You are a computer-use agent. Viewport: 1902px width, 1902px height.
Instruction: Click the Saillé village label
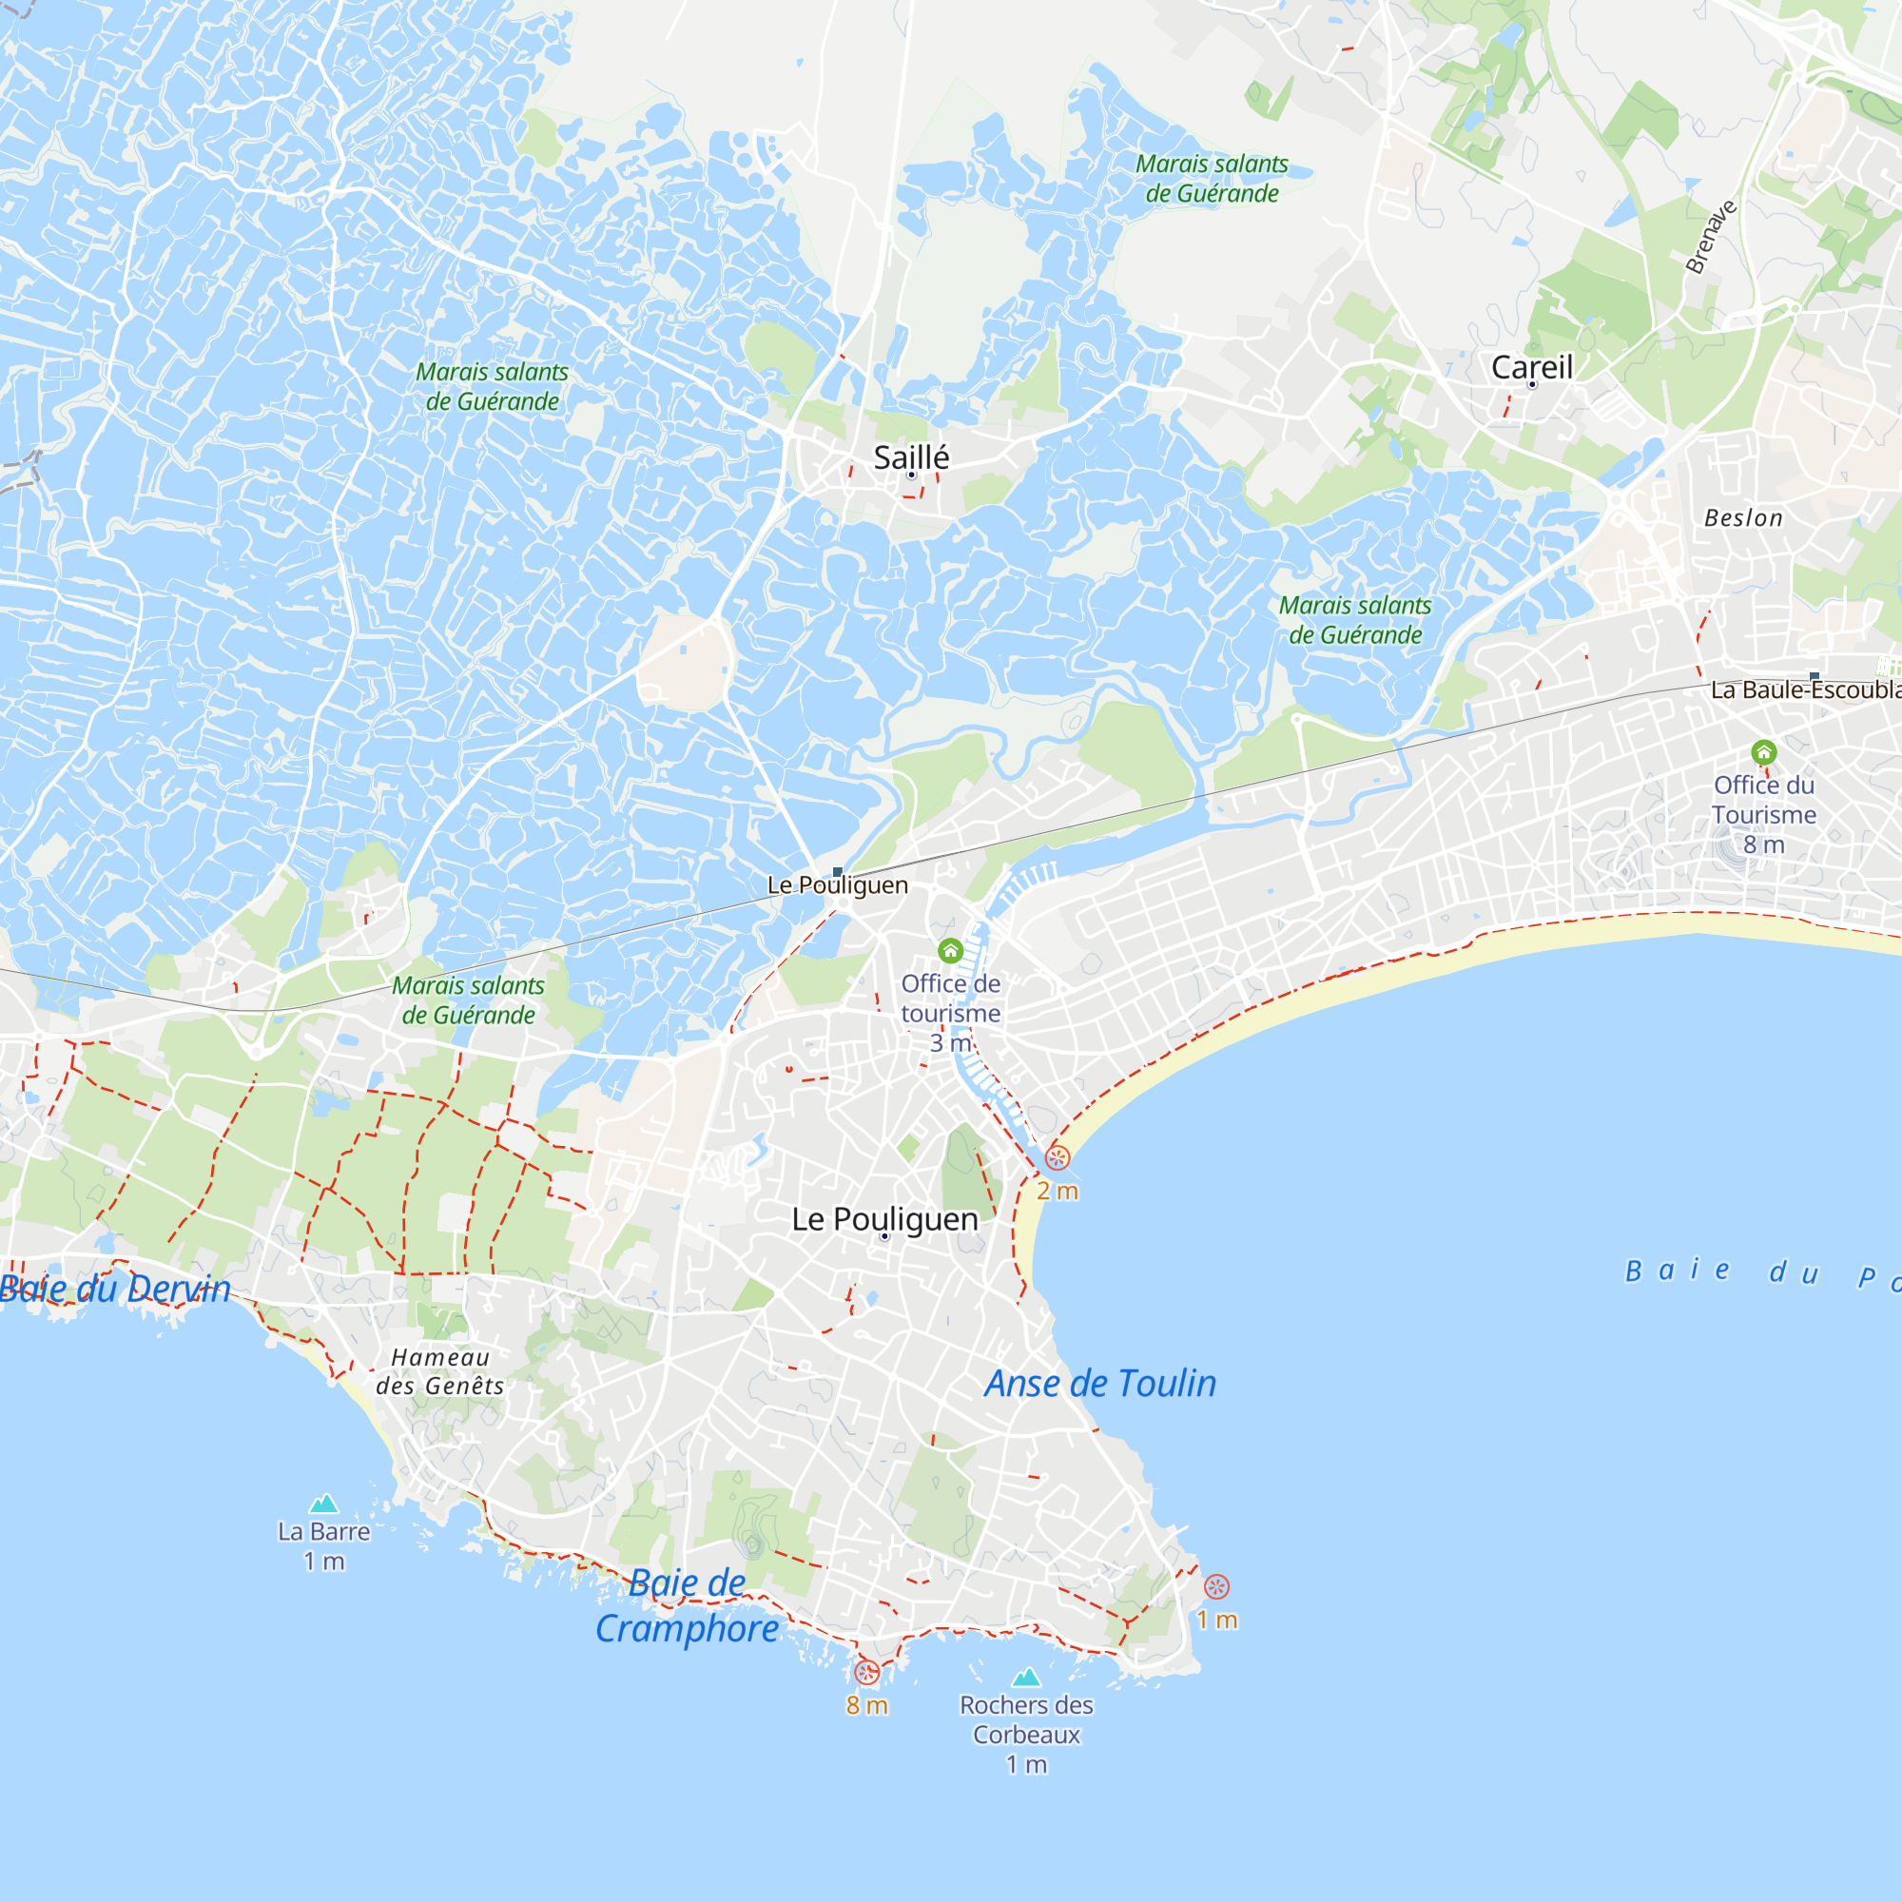tap(911, 457)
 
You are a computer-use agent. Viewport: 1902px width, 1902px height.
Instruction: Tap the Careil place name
tap(1531, 367)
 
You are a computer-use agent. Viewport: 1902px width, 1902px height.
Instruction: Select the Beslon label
tap(1742, 518)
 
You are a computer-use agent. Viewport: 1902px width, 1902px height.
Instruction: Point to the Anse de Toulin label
tap(1099, 1383)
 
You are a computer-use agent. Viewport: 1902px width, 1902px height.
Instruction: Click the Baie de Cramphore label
tap(688, 1605)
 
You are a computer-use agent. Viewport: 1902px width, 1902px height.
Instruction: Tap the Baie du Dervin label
tap(115, 1289)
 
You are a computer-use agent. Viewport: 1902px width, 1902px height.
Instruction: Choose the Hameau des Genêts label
tap(439, 1371)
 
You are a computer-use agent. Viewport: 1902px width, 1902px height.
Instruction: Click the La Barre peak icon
tap(324, 1504)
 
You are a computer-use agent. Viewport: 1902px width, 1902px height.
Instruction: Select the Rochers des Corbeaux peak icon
tap(1026, 1677)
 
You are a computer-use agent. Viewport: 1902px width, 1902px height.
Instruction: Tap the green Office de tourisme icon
tap(950, 951)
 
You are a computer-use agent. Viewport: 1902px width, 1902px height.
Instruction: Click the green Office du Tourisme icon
tap(1763, 753)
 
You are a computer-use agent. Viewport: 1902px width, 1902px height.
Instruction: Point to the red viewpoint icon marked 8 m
tap(866, 1672)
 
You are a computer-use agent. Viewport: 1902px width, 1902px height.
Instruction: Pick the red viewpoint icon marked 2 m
tap(1058, 1157)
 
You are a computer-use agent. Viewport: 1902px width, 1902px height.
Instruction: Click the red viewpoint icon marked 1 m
tap(1217, 1587)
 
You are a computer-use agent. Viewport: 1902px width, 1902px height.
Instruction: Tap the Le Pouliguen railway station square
tap(837, 872)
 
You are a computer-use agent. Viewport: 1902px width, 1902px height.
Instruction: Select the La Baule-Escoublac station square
tap(1814, 676)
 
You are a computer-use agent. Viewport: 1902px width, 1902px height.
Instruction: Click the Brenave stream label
tap(1711, 236)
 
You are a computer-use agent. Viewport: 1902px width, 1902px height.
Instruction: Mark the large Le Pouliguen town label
tap(884, 1219)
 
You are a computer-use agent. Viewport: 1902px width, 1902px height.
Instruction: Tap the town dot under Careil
tap(1532, 385)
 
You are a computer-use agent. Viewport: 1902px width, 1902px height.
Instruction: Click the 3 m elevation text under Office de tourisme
tap(950, 1042)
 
